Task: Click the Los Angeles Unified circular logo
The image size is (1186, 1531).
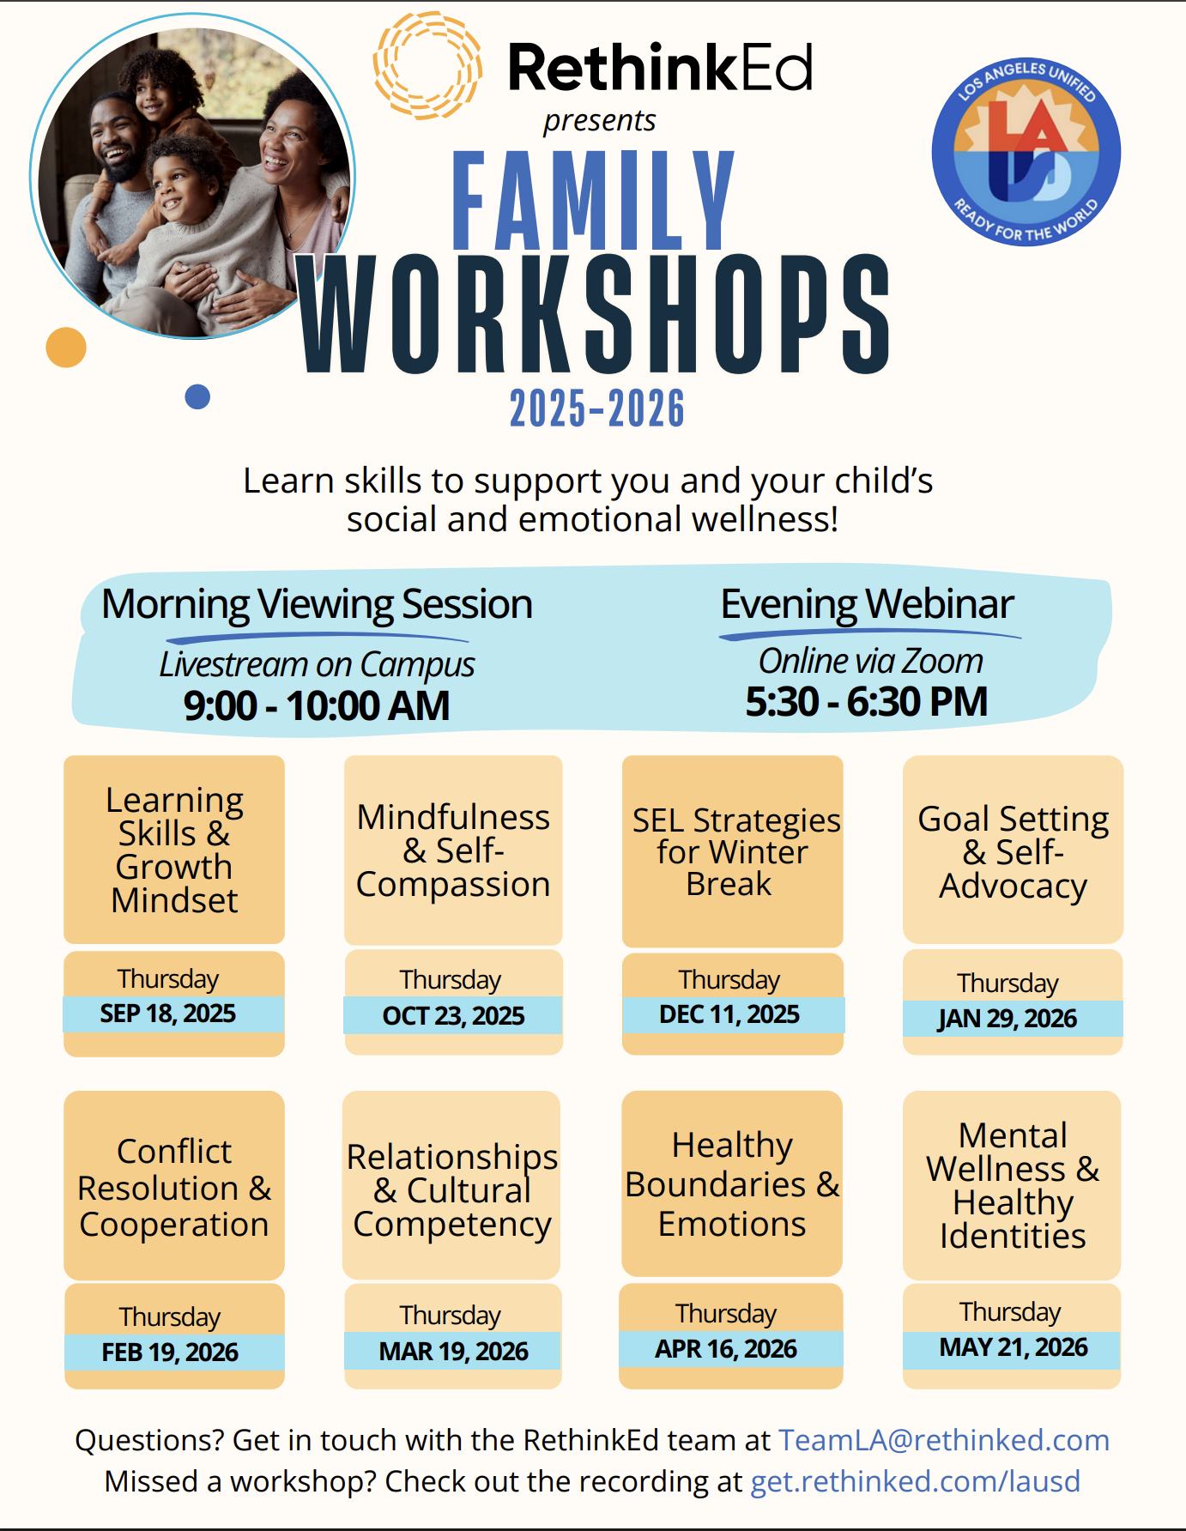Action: (1026, 153)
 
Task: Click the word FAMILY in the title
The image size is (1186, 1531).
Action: (593, 200)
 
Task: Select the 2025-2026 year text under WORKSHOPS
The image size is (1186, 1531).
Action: (597, 408)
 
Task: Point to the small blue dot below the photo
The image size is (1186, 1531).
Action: (197, 396)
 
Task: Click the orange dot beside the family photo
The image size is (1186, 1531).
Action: (66, 348)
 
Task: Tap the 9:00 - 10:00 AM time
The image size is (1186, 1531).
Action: (317, 706)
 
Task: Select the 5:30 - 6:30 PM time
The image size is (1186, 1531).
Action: (867, 702)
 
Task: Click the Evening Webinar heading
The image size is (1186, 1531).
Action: (867, 604)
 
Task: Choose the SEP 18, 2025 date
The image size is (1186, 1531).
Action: (168, 1014)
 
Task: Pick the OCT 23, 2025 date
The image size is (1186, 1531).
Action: (454, 1016)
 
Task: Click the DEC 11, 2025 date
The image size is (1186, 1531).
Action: (729, 1014)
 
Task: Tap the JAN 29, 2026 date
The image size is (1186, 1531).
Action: (1007, 1019)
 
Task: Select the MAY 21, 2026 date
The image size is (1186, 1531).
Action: (1014, 1347)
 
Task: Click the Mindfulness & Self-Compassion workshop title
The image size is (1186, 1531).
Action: (453, 850)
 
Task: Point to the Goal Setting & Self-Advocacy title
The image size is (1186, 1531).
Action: (1014, 852)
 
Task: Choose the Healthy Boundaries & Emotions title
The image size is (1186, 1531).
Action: (732, 1184)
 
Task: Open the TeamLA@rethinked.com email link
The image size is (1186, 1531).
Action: (944, 1440)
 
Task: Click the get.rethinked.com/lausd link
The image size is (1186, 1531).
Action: (916, 1482)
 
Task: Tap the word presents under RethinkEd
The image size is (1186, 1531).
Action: (600, 121)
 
